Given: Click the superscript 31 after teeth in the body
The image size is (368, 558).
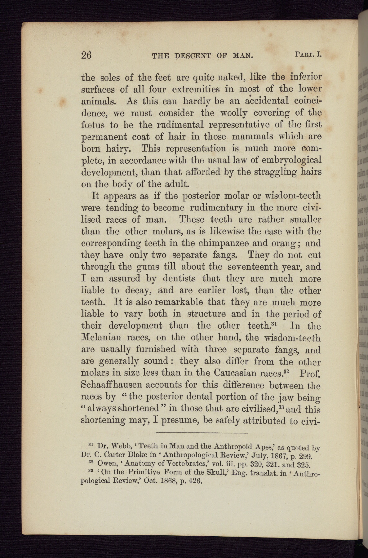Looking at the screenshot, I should [x=273, y=324].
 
